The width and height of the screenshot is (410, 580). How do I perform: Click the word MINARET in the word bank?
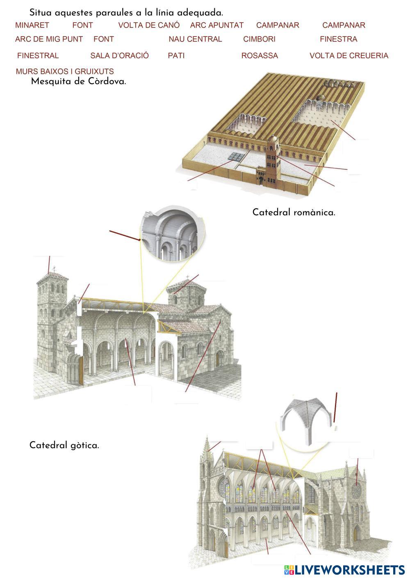click(32, 25)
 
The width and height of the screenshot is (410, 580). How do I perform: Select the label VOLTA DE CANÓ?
click(149, 25)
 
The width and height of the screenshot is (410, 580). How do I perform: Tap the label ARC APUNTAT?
click(216, 25)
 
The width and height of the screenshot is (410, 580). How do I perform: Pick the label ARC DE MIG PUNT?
click(49, 39)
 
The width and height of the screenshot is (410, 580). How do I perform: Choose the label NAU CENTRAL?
click(195, 39)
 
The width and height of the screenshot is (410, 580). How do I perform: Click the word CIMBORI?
click(259, 39)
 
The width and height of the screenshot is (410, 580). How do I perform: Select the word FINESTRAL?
click(38, 56)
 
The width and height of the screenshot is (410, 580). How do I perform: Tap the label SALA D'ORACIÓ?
click(119, 55)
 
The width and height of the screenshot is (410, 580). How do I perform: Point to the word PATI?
click(176, 56)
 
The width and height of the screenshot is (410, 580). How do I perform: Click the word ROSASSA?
click(260, 56)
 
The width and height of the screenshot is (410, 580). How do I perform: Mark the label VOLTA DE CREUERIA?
click(349, 56)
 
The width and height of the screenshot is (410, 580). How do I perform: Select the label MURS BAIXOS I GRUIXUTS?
click(65, 71)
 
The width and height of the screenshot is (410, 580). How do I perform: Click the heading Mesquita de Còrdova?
click(78, 81)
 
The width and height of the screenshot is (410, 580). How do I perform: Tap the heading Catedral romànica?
click(294, 212)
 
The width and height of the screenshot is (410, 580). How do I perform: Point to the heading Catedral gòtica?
click(64, 445)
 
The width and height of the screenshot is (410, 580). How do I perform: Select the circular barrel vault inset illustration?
click(172, 233)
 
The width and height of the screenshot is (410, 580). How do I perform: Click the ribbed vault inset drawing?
click(305, 421)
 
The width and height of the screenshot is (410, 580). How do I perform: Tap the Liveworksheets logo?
click(344, 570)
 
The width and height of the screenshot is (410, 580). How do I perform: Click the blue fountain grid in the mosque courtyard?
click(236, 157)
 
